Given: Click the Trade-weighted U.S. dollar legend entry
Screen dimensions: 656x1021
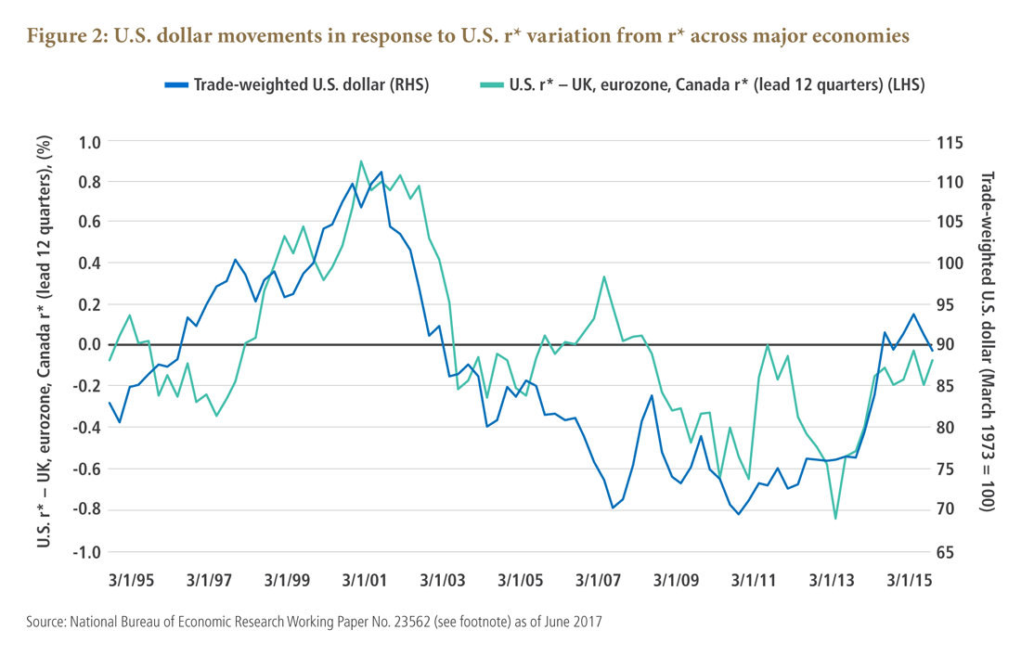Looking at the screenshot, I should (297, 84).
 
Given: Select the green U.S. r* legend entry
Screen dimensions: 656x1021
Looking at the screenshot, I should (705, 84).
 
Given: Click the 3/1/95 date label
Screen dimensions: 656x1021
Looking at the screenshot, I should (131, 580).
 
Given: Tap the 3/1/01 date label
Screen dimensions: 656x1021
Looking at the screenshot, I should (365, 580).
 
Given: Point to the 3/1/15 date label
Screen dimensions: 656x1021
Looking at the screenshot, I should (909, 580).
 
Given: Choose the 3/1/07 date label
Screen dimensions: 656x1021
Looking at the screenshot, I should (598, 580).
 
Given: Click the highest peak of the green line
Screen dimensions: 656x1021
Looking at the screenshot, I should (361, 161).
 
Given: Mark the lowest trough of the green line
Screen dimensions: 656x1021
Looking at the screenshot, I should (835, 518).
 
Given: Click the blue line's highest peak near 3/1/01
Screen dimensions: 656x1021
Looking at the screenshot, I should (381, 172).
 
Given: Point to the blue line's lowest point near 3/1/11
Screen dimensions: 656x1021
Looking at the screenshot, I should (739, 513).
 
